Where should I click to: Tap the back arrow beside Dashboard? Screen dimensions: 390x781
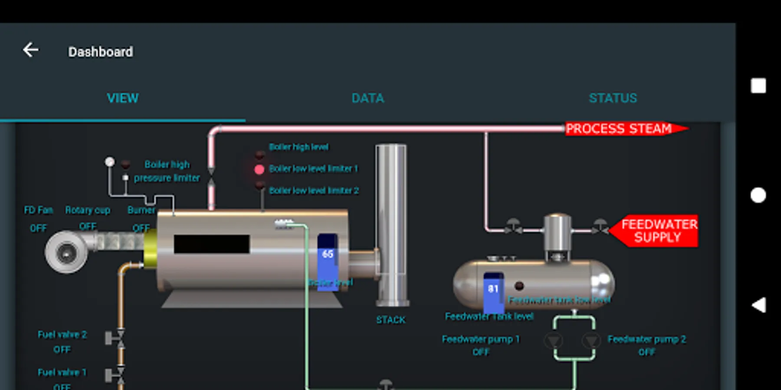(x=31, y=50)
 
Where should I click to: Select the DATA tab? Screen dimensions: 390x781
(x=368, y=98)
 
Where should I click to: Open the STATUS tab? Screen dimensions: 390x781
(x=613, y=98)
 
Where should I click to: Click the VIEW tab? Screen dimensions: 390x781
(x=123, y=98)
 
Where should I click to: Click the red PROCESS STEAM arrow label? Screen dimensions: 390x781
(x=620, y=129)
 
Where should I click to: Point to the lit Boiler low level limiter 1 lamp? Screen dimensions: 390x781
(x=259, y=169)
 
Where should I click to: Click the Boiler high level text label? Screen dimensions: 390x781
(x=299, y=147)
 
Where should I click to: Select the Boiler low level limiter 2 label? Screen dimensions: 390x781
(x=314, y=191)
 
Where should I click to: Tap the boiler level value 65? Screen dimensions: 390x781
(x=328, y=254)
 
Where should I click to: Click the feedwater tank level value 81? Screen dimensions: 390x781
(x=493, y=289)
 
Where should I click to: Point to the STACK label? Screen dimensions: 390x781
(x=390, y=320)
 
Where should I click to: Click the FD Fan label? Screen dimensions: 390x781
(x=38, y=210)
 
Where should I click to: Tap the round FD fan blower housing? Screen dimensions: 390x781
(x=66, y=252)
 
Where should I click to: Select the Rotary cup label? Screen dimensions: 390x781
(x=88, y=210)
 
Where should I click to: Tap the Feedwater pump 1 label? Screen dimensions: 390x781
(x=480, y=339)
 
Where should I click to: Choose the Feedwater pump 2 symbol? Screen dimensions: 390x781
(x=591, y=341)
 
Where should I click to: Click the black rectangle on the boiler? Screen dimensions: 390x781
(x=211, y=244)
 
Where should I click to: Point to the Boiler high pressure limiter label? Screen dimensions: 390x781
(x=167, y=171)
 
